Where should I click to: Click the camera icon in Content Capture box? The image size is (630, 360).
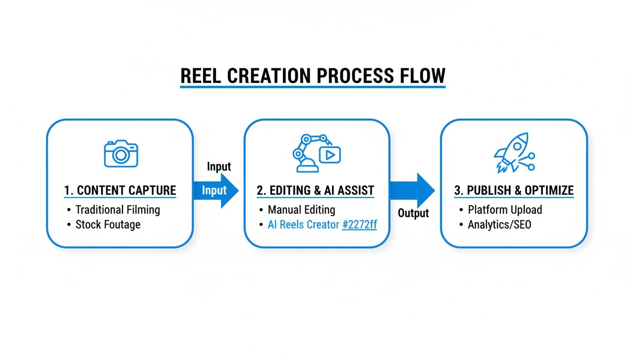[x=121, y=153]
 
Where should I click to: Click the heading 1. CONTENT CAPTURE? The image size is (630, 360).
[x=120, y=190]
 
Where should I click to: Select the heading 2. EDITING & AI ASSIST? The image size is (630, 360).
[x=315, y=190]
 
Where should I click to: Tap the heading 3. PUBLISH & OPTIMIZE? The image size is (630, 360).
[x=514, y=190]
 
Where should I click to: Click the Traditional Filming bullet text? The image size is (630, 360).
[x=118, y=210]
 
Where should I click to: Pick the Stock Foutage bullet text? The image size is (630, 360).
[x=108, y=225]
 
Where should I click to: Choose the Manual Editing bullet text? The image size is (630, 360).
[x=301, y=210]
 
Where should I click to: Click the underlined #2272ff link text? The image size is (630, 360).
[x=360, y=225]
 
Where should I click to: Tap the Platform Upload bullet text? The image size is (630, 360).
[x=505, y=210]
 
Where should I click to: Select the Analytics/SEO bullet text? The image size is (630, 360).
[x=500, y=225]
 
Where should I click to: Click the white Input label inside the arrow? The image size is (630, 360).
[x=214, y=190]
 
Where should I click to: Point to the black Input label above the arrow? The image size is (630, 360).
[x=219, y=166]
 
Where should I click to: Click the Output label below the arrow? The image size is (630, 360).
[x=413, y=213]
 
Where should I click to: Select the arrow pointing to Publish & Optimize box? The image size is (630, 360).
[x=412, y=190]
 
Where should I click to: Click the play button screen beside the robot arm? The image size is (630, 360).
[x=330, y=154]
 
